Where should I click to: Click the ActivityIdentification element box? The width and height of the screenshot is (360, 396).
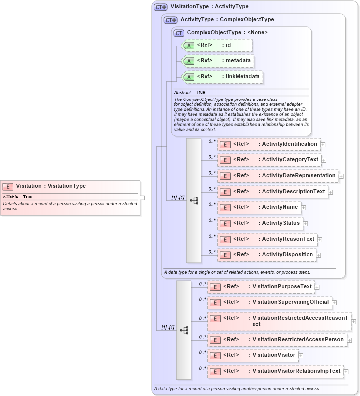269,144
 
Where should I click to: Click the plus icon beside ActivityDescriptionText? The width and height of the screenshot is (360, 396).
330,192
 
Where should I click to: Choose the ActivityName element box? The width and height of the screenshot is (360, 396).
259,207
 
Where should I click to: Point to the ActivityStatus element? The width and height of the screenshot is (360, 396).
260,223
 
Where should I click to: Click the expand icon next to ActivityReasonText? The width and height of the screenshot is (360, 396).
320,240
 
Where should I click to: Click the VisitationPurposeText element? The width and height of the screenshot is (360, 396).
261,287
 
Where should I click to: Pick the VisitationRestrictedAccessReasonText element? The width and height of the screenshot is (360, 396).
279,321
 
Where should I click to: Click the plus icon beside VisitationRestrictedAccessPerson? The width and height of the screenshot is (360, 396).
349,340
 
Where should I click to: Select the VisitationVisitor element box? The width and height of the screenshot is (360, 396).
253,355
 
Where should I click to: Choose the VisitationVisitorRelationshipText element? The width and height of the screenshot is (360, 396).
275,371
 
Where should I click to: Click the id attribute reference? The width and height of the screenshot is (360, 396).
217,45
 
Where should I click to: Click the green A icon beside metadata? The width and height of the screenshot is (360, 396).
189,61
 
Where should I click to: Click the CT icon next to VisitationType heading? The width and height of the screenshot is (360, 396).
161,7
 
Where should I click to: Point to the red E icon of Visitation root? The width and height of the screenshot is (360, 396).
8,187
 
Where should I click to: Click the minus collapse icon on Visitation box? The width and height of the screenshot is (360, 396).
142,198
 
